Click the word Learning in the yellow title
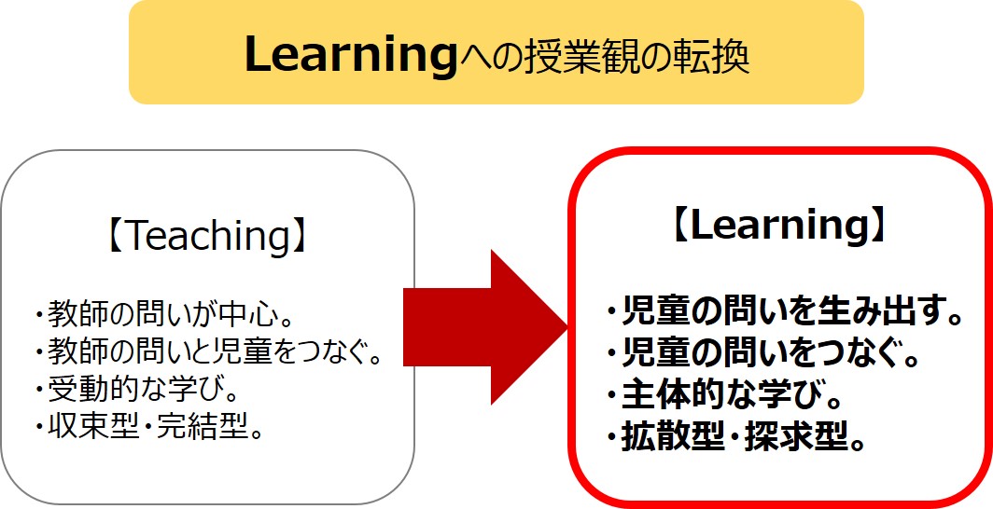click(x=350, y=56)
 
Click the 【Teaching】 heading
click(x=207, y=236)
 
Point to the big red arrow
click(x=485, y=327)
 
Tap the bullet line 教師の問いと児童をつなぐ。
click(x=210, y=354)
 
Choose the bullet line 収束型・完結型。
click(x=148, y=430)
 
